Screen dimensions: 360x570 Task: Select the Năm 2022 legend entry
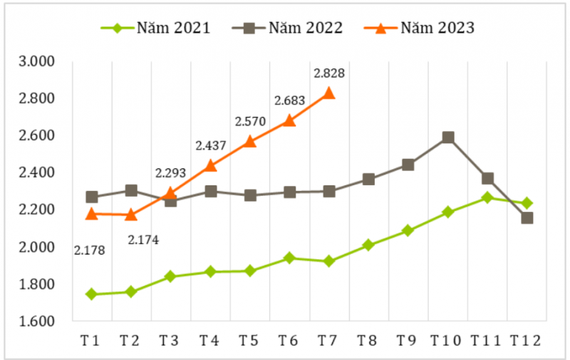point(288,29)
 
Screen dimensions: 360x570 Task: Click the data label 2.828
point(329,73)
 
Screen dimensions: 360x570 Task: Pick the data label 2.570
point(250,122)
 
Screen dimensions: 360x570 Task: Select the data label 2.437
point(211,145)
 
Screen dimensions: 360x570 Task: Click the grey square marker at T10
point(447,138)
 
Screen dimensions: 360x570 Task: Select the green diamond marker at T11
point(487,197)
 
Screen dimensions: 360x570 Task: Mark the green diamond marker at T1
point(92,294)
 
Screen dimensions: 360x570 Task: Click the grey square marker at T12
point(527,217)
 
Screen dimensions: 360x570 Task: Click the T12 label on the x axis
point(525,341)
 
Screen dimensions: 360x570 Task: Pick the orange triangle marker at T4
point(211,166)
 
